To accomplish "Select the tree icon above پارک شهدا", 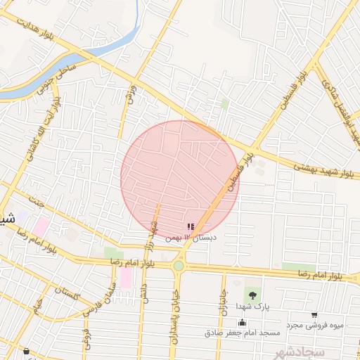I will coord(251,292).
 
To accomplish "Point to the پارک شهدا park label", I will coord(252,307).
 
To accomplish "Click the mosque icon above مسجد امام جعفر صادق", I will coord(242,323).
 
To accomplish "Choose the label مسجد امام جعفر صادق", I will coord(242,332).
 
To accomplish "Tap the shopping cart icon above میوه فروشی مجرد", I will coord(314,314).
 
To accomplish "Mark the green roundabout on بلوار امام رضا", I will coord(179,266).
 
